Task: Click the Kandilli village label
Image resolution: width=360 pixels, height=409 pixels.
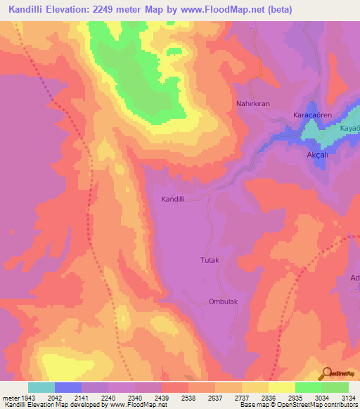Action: (x=173, y=200)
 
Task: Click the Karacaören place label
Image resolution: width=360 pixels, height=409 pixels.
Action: (x=311, y=114)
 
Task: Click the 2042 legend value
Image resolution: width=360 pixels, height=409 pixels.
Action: (x=65, y=397)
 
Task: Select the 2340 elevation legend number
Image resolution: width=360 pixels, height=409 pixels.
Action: (x=135, y=397)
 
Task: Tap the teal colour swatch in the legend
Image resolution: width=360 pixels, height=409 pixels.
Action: (x=41, y=387)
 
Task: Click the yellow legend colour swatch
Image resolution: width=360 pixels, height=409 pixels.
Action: (x=282, y=387)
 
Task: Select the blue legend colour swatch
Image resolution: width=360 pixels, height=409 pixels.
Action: (x=68, y=387)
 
